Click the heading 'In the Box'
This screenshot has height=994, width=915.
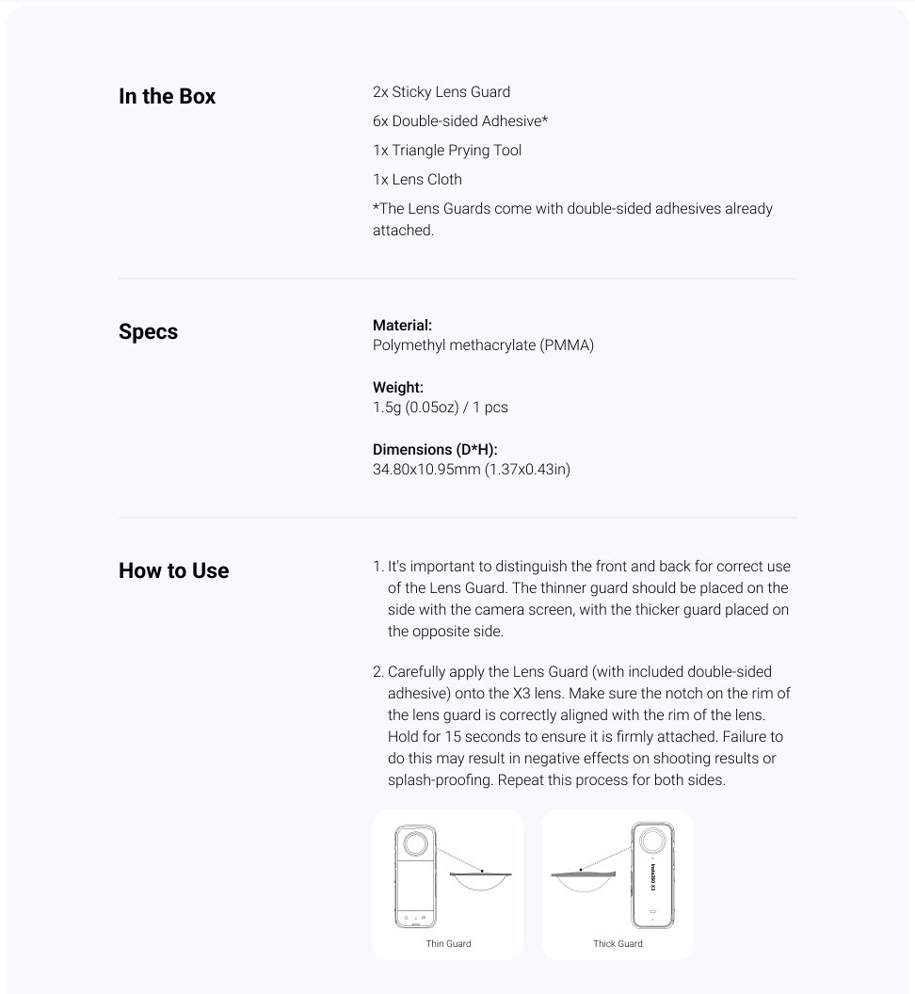pyautogui.click(x=167, y=96)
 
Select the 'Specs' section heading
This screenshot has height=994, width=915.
pyautogui.click(x=148, y=331)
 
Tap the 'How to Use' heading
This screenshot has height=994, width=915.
pyautogui.click(x=173, y=570)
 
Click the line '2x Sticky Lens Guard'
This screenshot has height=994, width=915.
pyautogui.click(x=441, y=92)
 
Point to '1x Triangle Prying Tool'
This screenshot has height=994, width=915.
pyautogui.click(x=447, y=151)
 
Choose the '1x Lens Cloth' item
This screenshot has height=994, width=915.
pyautogui.click(x=417, y=179)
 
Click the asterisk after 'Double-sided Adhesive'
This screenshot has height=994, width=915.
pyautogui.click(x=545, y=120)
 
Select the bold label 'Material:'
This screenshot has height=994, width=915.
pyautogui.click(x=402, y=326)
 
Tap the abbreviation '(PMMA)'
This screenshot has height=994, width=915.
pyautogui.click(x=567, y=345)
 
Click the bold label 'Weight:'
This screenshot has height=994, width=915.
pyautogui.click(x=398, y=388)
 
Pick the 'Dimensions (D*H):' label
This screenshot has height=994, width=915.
pyautogui.click(x=435, y=450)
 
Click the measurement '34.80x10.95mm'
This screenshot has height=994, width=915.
pyautogui.click(x=426, y=469)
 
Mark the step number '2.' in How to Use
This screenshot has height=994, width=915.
pyautogui.click(x=378, y=672)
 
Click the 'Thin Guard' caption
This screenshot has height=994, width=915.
pyautogui.click(x=447, y=943)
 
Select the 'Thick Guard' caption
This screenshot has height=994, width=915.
pyautogui.click(x=618, y=943)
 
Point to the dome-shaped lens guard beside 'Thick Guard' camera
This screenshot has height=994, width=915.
pyautogui.click(x=583, y=879)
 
